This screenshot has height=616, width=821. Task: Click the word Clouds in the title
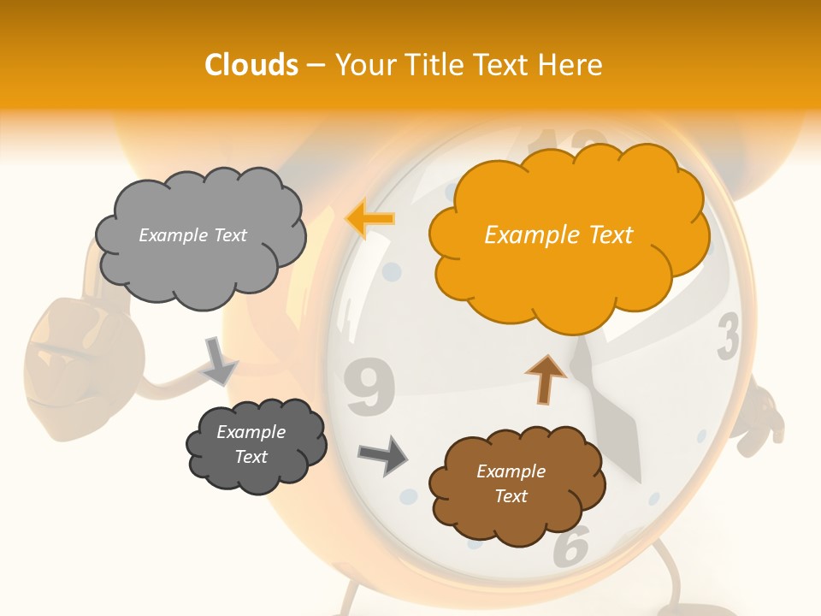(x=251, y=65)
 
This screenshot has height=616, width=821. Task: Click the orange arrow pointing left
(x=370, y=219)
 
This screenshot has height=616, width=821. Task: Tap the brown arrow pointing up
(x=546, y=380)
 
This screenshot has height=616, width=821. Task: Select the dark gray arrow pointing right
(x=382, y=454)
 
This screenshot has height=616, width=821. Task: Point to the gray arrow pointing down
(x=220, y=361)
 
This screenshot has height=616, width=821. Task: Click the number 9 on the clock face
(x=370, y=386)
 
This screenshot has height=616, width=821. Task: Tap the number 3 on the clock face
(x=728, y=336)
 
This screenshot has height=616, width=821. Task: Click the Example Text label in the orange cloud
(x=558, y=235)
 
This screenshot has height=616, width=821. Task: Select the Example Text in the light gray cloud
(x=192, y=235)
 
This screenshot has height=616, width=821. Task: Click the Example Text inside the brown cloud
(x=511, y=483)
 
